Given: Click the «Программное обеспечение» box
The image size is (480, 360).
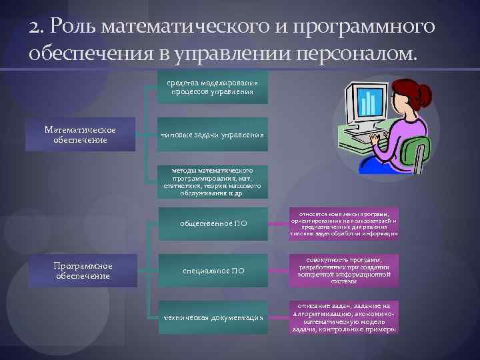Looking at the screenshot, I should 83,271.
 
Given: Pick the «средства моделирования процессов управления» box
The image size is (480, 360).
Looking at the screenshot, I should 210,87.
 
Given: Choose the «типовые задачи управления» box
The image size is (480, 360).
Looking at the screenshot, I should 210,135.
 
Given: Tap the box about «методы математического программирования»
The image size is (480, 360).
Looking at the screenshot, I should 210,182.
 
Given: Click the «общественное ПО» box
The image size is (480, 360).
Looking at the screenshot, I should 213,223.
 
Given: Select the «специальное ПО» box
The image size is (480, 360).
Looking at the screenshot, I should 213,271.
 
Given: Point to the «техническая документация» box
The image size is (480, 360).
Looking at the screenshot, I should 213,317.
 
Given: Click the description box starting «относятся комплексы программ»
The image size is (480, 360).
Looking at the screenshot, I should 343,223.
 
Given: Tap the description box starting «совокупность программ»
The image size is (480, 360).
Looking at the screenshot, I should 343,271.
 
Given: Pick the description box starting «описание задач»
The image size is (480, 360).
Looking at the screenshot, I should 343,317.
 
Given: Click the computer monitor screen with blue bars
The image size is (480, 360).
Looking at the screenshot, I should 365,101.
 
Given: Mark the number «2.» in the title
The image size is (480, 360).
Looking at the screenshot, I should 38,27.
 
